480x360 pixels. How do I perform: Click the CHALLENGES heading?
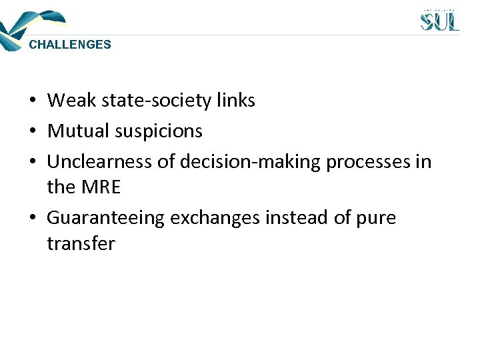click(x=70, y=45)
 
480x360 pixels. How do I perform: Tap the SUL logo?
click(x=439, y=20)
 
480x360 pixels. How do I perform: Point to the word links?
click(x=236, y=101)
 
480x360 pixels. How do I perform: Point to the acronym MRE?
click(x=102, y=187)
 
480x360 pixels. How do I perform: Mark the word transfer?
click(x=80, y=243)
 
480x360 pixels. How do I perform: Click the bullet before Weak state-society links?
click(x=32, y=101)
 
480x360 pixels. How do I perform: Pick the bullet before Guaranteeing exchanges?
click(x=32, y=219)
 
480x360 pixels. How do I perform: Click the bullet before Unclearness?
click(x=32, y=163)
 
